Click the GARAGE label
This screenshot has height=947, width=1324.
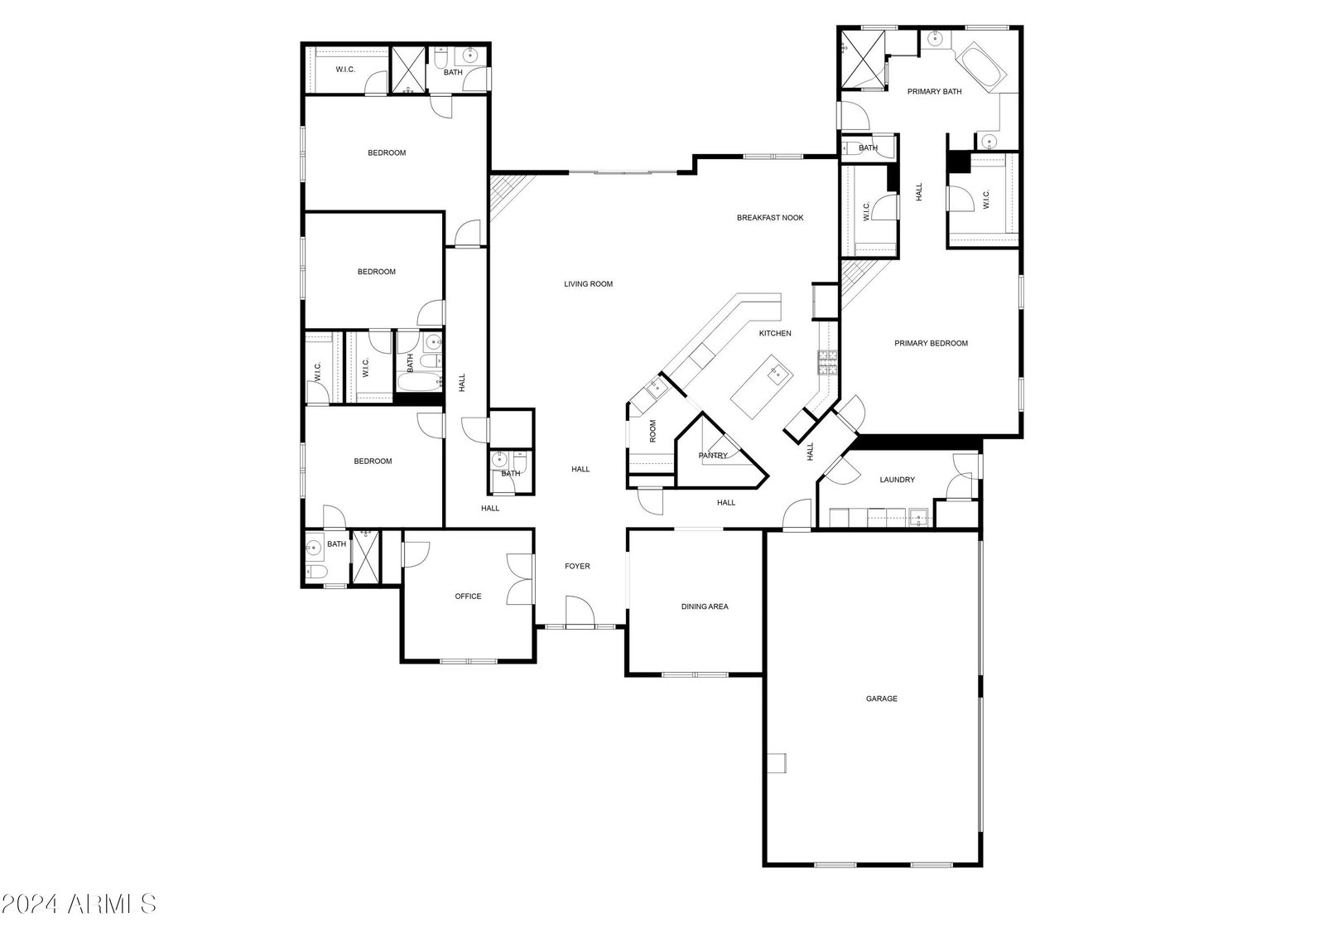[x=881, y=698]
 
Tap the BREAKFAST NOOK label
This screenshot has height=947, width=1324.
[x=769, y=218]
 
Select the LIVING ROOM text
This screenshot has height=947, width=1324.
[x=588, y=284]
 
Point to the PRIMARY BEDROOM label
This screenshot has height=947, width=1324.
[x=931, y=343]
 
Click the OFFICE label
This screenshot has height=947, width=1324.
[x=468, y=597]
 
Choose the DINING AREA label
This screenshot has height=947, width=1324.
[x=705, y=606]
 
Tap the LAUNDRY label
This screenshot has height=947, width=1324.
[x=898, y=480]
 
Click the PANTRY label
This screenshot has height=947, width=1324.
[x=713, y=456]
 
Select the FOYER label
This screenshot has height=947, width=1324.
[x=577, y=566]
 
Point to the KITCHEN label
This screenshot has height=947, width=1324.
[x=775, y=334]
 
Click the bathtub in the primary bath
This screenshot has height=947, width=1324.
[x=981, y=67]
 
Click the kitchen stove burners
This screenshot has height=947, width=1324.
[x=827, y=363]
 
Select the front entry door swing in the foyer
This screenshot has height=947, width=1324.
[x=580, y=611]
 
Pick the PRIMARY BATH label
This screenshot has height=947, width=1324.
[x=935, y=92]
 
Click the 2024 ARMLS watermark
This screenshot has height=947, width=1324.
[x=79, y=903]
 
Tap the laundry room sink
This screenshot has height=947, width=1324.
[x=918, y=518]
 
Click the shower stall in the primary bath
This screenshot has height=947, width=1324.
[x=862, y=59]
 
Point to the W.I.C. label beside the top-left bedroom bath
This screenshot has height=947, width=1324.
[x=345, y=70]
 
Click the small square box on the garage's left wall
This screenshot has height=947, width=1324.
[x=777, y=763]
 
